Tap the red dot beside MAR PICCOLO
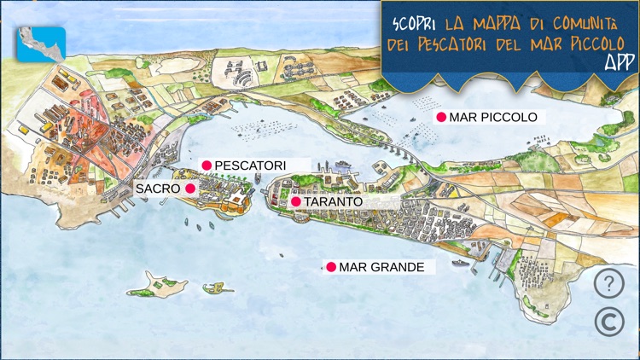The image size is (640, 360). pos(441,118)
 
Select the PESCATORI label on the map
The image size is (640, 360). pos(250,165)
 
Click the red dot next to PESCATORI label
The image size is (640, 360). pos(206,165)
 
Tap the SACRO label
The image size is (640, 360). pos(158,188)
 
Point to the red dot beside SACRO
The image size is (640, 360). pos(190,188)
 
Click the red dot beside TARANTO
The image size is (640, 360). pos(295,202)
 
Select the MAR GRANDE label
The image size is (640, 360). pos(381,267)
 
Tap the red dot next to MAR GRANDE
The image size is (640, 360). pos(331,267)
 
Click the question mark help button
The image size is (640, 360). pos(608,283)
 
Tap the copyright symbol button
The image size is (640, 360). pos(608,320)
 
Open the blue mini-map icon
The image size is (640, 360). pos(41,44)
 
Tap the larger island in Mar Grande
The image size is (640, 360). pos(159,285)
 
